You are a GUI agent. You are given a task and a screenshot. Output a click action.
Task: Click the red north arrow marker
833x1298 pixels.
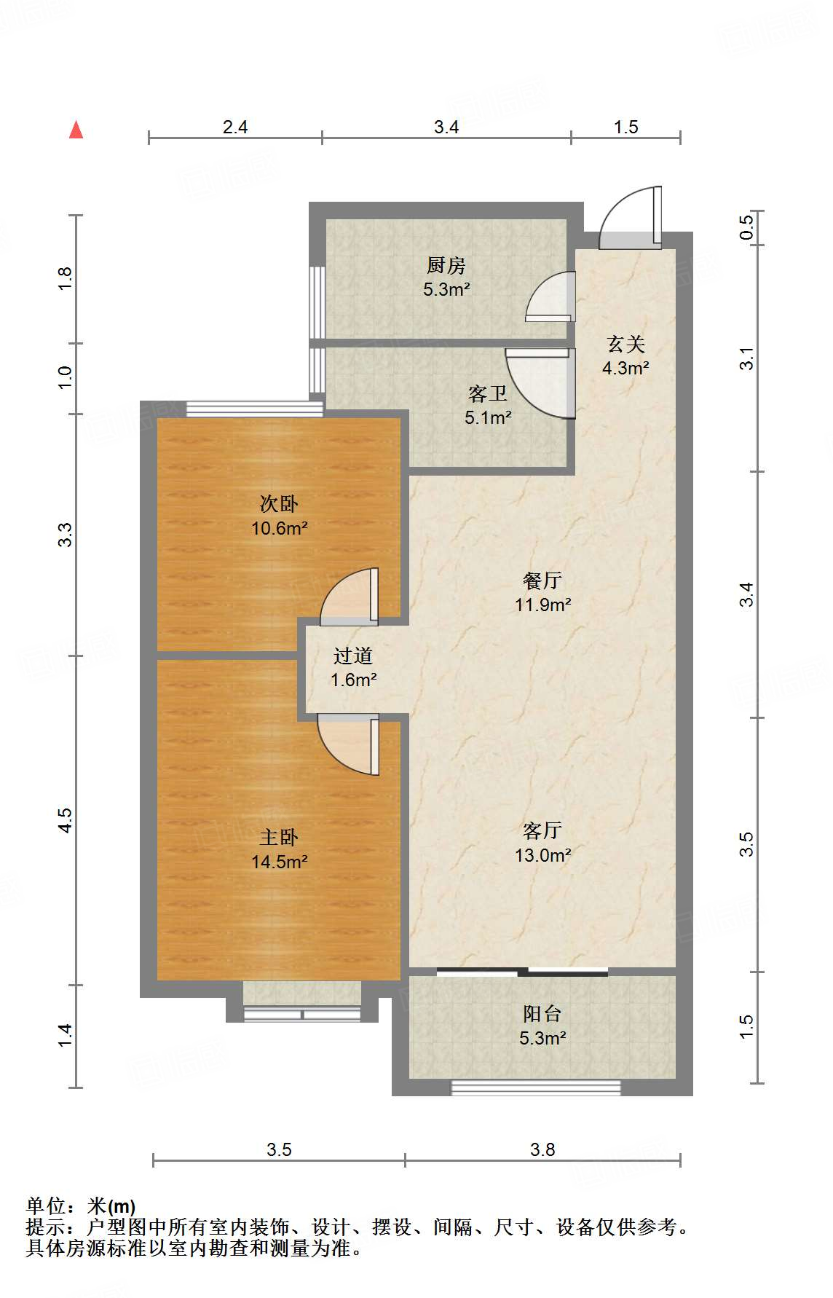[76, 130]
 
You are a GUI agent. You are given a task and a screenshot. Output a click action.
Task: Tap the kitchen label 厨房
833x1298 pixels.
[446, 265]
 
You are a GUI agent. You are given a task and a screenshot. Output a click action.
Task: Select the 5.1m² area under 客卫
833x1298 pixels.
[488, 418]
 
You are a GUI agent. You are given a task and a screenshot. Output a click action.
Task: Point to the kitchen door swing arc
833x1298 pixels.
[550, 296]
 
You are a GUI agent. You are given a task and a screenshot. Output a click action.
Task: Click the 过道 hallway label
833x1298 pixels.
[353, 656]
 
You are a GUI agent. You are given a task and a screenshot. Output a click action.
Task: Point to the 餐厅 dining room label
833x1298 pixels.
[542, 581]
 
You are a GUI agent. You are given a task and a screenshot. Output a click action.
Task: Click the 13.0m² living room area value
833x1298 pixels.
[542, 855]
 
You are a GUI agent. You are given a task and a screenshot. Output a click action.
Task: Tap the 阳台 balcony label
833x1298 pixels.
[542, 1013]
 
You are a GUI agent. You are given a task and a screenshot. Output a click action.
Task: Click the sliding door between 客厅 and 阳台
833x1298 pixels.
[523, 972]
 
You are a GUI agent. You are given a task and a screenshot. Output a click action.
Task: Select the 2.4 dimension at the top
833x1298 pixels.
[235, 127]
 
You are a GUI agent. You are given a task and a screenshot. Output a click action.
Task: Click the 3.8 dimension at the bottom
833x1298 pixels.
[542, 1149]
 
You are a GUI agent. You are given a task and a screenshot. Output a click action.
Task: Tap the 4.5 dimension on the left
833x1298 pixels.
[66, 820]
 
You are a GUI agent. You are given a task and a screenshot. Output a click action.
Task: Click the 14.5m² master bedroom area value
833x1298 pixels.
[279, 862]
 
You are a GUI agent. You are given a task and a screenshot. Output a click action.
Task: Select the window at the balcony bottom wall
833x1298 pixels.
[536, 1088]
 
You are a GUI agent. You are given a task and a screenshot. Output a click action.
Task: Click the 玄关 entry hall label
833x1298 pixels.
[625, 344]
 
